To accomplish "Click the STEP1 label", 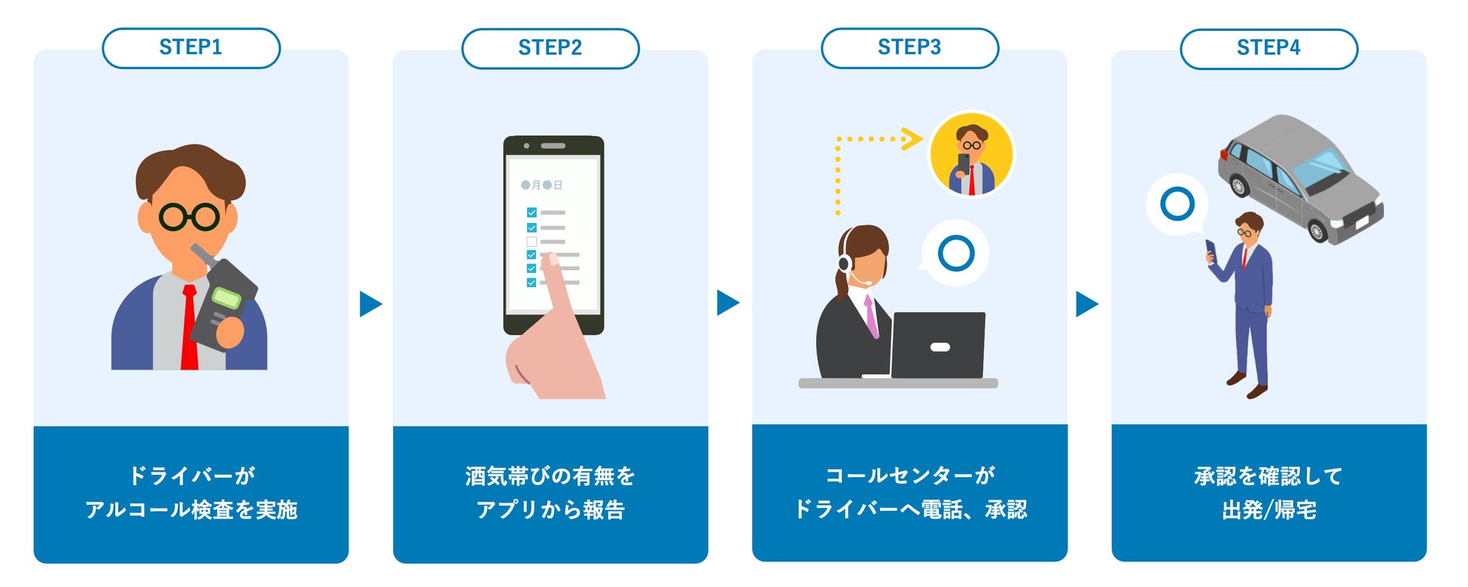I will [x=190, y=47].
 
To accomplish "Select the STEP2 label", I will [x=550, y=48].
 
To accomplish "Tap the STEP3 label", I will [x=909, y=47].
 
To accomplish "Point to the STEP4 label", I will [x=1268, y=48].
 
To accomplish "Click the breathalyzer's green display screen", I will [x=227, y=297].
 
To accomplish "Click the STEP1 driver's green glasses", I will [x=189, y=217].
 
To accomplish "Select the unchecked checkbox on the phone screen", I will [x=531, y=241].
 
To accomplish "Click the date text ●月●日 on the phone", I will [x=541, y=185].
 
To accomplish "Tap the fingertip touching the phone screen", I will [x=552, y=260].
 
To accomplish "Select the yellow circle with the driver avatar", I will [x=971, y=154].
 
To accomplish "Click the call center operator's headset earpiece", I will [x=845, y=263].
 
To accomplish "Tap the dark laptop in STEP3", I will [x=939, y=345].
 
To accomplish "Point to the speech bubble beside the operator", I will [x=955, y=253].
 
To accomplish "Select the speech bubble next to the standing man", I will [x=1177, y=204].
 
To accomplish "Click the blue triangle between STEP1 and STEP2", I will [x=370, y=304].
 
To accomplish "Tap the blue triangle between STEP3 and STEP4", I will [x=1086, y=304].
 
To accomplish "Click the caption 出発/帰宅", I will [x=1269, y=510].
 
